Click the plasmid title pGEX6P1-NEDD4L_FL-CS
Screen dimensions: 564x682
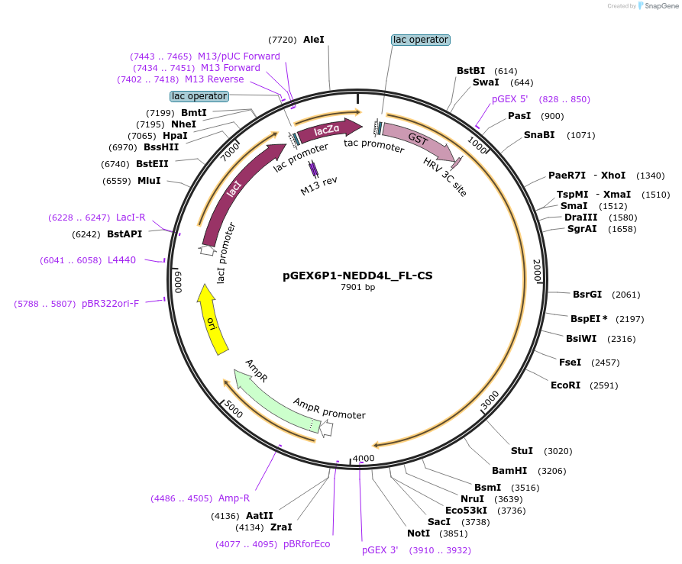point(357,276)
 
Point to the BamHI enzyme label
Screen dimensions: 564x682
point(509,471)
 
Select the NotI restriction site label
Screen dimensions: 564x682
point(419,533)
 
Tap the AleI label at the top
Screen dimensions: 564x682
point(314,39)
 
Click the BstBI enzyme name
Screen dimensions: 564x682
point(471,71)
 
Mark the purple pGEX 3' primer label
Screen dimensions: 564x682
point(380,550)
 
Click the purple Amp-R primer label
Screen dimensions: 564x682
point(234,498)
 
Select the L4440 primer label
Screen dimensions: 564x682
point(121,260)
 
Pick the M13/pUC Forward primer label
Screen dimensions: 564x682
point(238,56)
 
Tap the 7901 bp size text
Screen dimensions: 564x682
point(357,288)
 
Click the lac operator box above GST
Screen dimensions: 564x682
point(420,40)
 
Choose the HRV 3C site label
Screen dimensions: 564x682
point(444,178)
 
